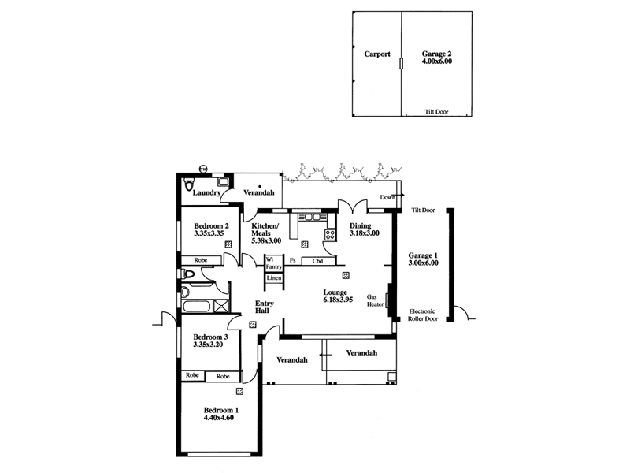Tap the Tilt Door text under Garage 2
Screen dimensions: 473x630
coord(436,112)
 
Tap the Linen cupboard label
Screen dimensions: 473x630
coord(273,278)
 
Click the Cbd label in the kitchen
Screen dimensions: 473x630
coord(318,260)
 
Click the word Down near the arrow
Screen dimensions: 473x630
coord(387,197)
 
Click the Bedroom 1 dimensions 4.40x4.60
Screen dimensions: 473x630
coord(220,419)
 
